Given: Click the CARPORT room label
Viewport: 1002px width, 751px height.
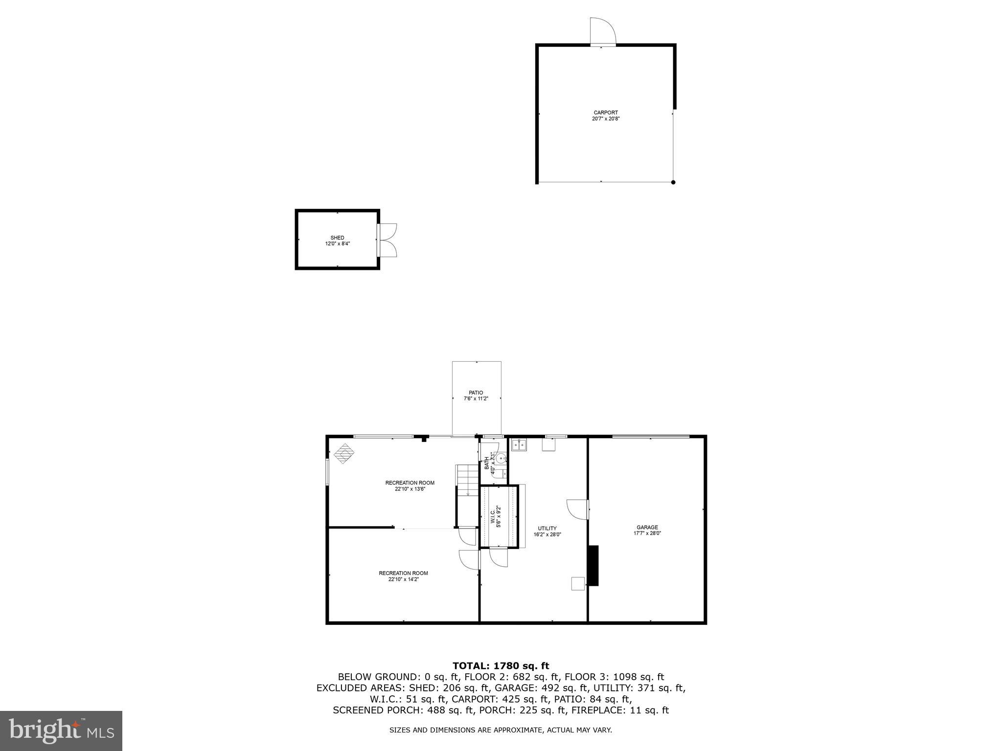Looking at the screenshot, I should (x=606, y=115).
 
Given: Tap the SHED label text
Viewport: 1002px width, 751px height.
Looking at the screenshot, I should (x=337, y=241).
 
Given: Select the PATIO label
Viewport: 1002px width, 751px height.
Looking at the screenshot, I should (x=476, y=396).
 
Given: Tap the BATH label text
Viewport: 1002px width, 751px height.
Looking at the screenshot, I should (x=490, y=463).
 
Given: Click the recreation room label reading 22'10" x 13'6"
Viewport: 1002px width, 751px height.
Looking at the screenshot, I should (x=410, y=486).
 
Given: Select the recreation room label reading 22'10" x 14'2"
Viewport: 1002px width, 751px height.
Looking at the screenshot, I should (x=403, y=576).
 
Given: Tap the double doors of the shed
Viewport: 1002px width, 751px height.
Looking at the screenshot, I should (x=387, y=240).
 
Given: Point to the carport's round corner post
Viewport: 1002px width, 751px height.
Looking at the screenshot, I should (x=673, y=182).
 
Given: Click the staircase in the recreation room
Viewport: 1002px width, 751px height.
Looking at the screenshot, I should (x=467, y=481).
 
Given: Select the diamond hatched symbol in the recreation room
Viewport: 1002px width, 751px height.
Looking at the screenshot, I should (x=344, y=453).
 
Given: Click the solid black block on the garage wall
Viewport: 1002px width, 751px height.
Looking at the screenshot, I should (x=593, y=566).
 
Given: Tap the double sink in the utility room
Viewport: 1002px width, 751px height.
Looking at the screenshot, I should (x=519, y=445).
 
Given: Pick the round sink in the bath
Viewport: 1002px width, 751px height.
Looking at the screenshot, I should (x=501, y=459).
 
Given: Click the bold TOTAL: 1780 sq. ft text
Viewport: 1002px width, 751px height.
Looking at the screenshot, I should (x=501, y=665).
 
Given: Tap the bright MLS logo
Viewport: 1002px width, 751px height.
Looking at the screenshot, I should (x=61, y=730).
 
